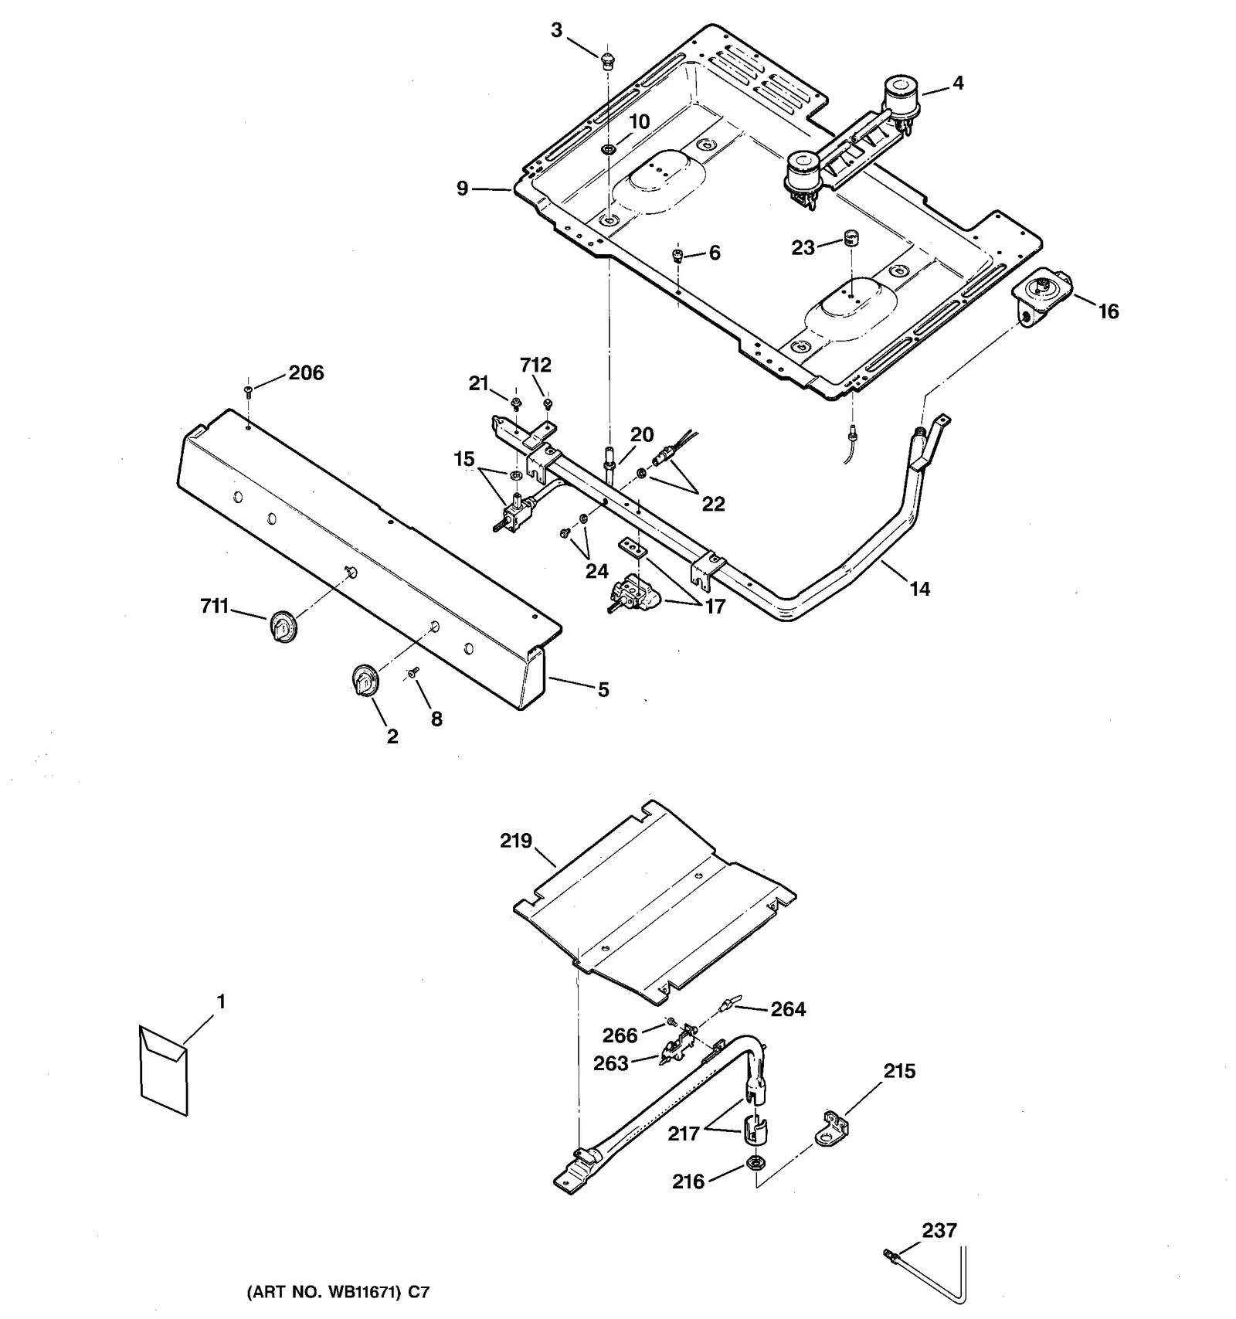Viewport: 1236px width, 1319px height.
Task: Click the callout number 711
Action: (215, 607)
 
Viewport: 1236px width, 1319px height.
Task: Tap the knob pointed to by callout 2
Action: (362, 681)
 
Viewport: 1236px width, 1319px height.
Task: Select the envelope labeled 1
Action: (164, 1070)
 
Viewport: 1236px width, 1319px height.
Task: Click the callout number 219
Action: (516, 840)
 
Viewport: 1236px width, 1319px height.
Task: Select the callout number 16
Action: (1109, 311)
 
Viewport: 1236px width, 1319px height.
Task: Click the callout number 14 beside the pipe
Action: (919, 590)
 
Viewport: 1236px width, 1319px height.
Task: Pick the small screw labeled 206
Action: (249, 390)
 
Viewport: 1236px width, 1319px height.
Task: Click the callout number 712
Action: (535, 365)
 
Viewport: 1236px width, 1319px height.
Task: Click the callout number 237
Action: (939, 1230)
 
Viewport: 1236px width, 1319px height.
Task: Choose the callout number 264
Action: (788, 1010)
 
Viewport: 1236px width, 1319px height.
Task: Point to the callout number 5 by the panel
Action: (603, 689)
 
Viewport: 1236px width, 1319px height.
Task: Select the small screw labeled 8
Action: (414, 672)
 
